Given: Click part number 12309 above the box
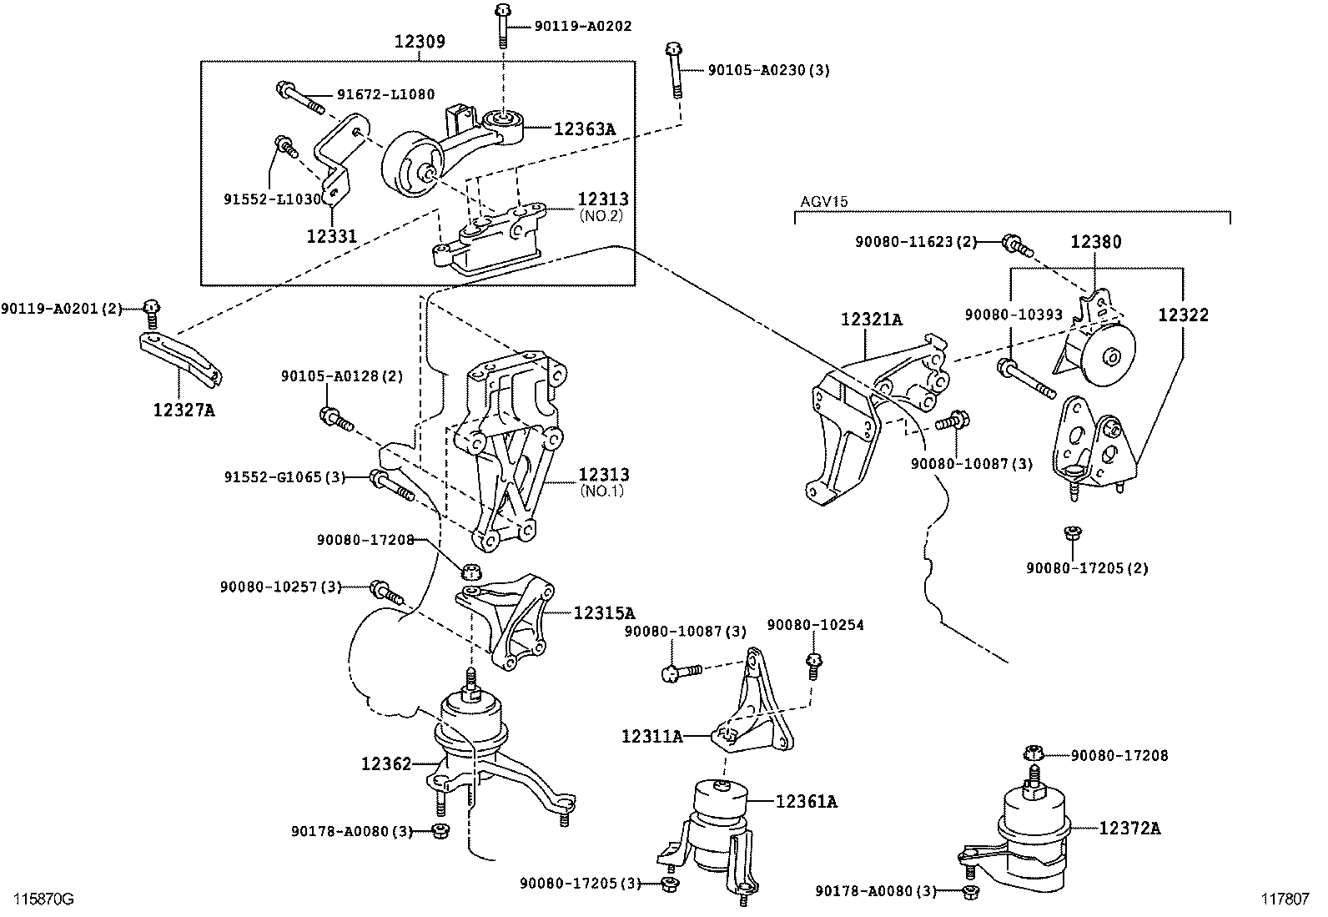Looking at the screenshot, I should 420,41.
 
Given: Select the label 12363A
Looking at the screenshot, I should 584,128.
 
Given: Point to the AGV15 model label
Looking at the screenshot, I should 824,202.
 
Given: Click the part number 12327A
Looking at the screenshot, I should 184,410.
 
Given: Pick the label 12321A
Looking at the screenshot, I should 872,319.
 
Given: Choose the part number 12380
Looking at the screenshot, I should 1096,242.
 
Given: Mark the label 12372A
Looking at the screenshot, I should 1129,828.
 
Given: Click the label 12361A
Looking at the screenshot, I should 807,802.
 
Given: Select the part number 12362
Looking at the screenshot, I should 386,763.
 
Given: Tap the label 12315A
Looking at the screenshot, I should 604,612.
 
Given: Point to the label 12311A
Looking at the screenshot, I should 651,736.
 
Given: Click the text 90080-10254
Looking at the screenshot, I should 815,625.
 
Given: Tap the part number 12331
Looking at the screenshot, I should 331,236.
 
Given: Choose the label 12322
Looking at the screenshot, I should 1183,315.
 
